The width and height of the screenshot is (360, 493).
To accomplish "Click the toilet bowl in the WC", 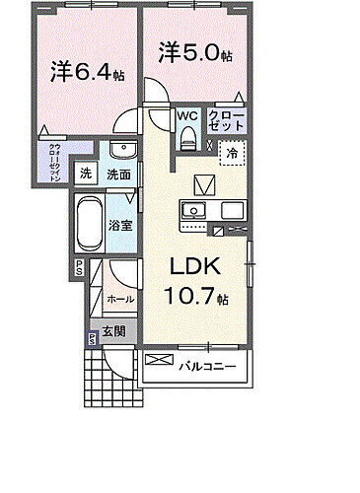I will click(188, 137).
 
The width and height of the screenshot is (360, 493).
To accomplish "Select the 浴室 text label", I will click(119, 222).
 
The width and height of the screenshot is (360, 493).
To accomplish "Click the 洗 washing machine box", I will click(86, 174).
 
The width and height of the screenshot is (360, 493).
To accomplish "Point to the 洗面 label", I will click(120, 174).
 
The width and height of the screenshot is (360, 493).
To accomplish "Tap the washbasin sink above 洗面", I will click(121, 150).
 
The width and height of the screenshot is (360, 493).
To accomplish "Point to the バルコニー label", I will click(207, 368).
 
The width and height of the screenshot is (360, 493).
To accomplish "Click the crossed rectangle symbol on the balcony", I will click(158, 362).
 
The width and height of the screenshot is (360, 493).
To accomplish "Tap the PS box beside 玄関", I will click(92, 337).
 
